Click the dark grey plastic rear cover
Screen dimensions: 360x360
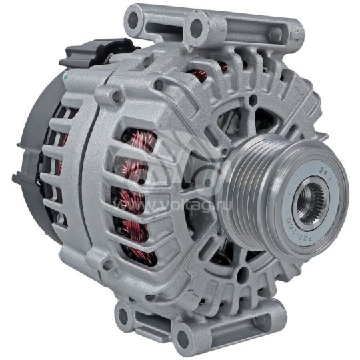coord(33,153)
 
